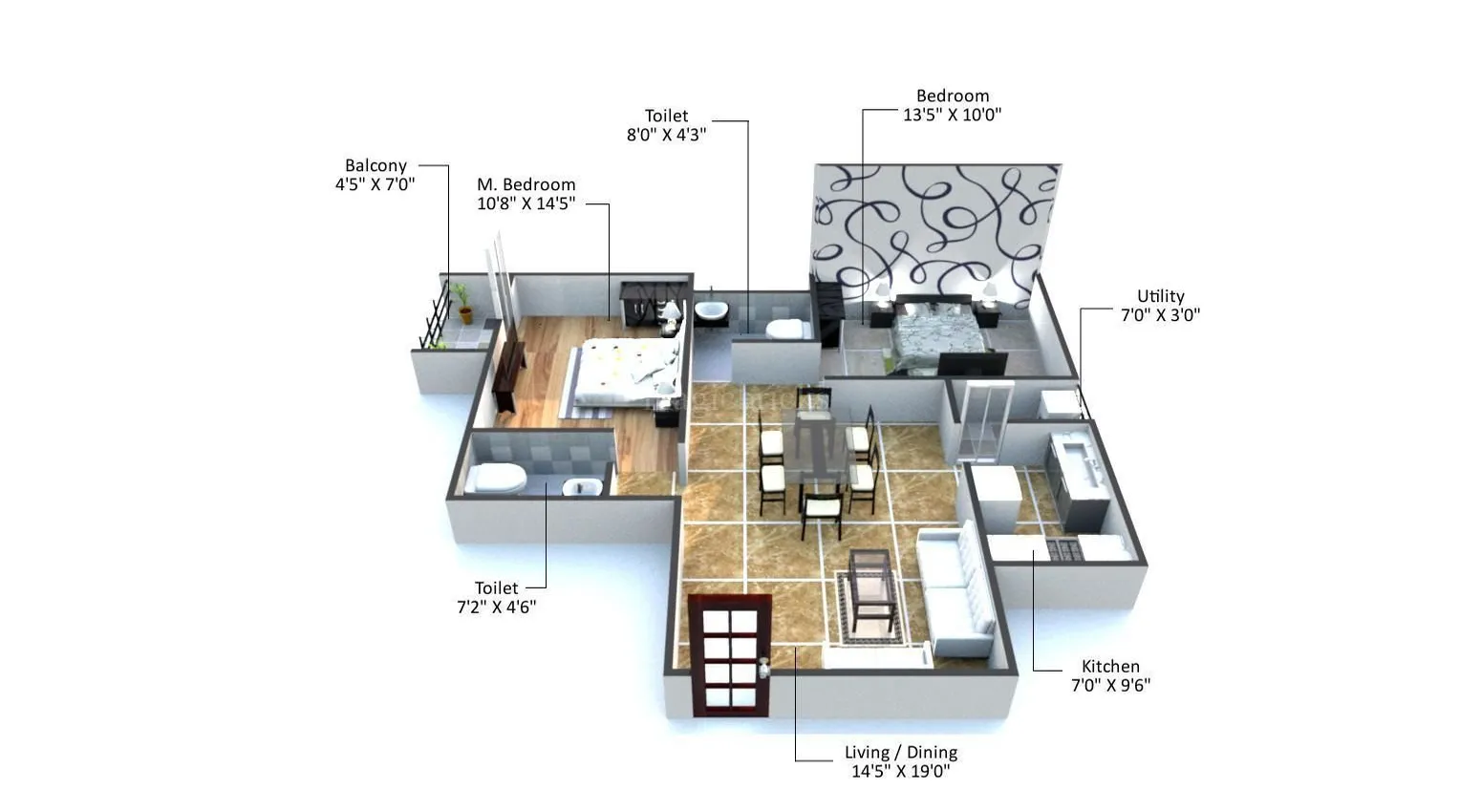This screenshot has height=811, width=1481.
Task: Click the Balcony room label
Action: (x=376, y=165)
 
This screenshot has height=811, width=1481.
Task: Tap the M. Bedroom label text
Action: (x=526, y=184)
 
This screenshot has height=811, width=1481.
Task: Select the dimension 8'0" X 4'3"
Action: (x=666, y=135)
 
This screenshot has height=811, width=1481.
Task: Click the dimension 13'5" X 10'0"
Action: (x=952, y=115)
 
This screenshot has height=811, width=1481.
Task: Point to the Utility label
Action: (x=1160, y=296)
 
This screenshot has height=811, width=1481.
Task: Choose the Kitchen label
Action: (x=1110, y=667)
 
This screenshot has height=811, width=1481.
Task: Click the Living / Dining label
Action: (x=900, y=753)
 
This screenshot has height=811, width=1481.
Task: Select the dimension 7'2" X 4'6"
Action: (x=496, y=607)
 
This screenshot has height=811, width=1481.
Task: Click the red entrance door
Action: (x=730, y=654)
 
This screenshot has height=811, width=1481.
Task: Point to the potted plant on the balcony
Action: (x=462, y=301)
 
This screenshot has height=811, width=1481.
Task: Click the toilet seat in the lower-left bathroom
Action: (x=499, y=477)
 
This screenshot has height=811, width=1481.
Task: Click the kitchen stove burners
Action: (x=1063, y=549)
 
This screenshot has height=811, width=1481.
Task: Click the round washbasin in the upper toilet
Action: (x=710, y=310)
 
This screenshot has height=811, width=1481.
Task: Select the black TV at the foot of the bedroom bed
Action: (x=971, y=364)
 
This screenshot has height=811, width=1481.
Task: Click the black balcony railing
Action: (x=435, y=318)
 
